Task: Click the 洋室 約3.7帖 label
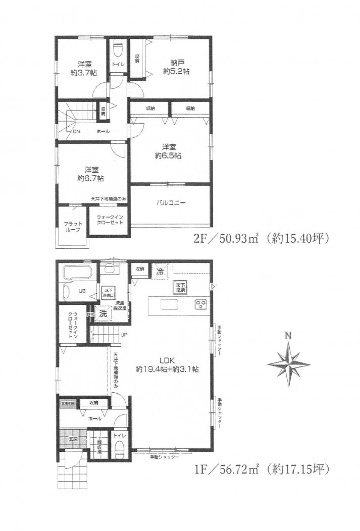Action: click(84, 68)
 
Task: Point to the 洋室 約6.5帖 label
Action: click(169, 151)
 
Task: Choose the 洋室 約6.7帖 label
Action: click(91, 174)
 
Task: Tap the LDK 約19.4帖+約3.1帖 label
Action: click(166, 364)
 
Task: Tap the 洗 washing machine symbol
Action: click(103, 313)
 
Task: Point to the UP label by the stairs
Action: click(124, 334)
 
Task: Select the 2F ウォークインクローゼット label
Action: click(110, 221)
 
